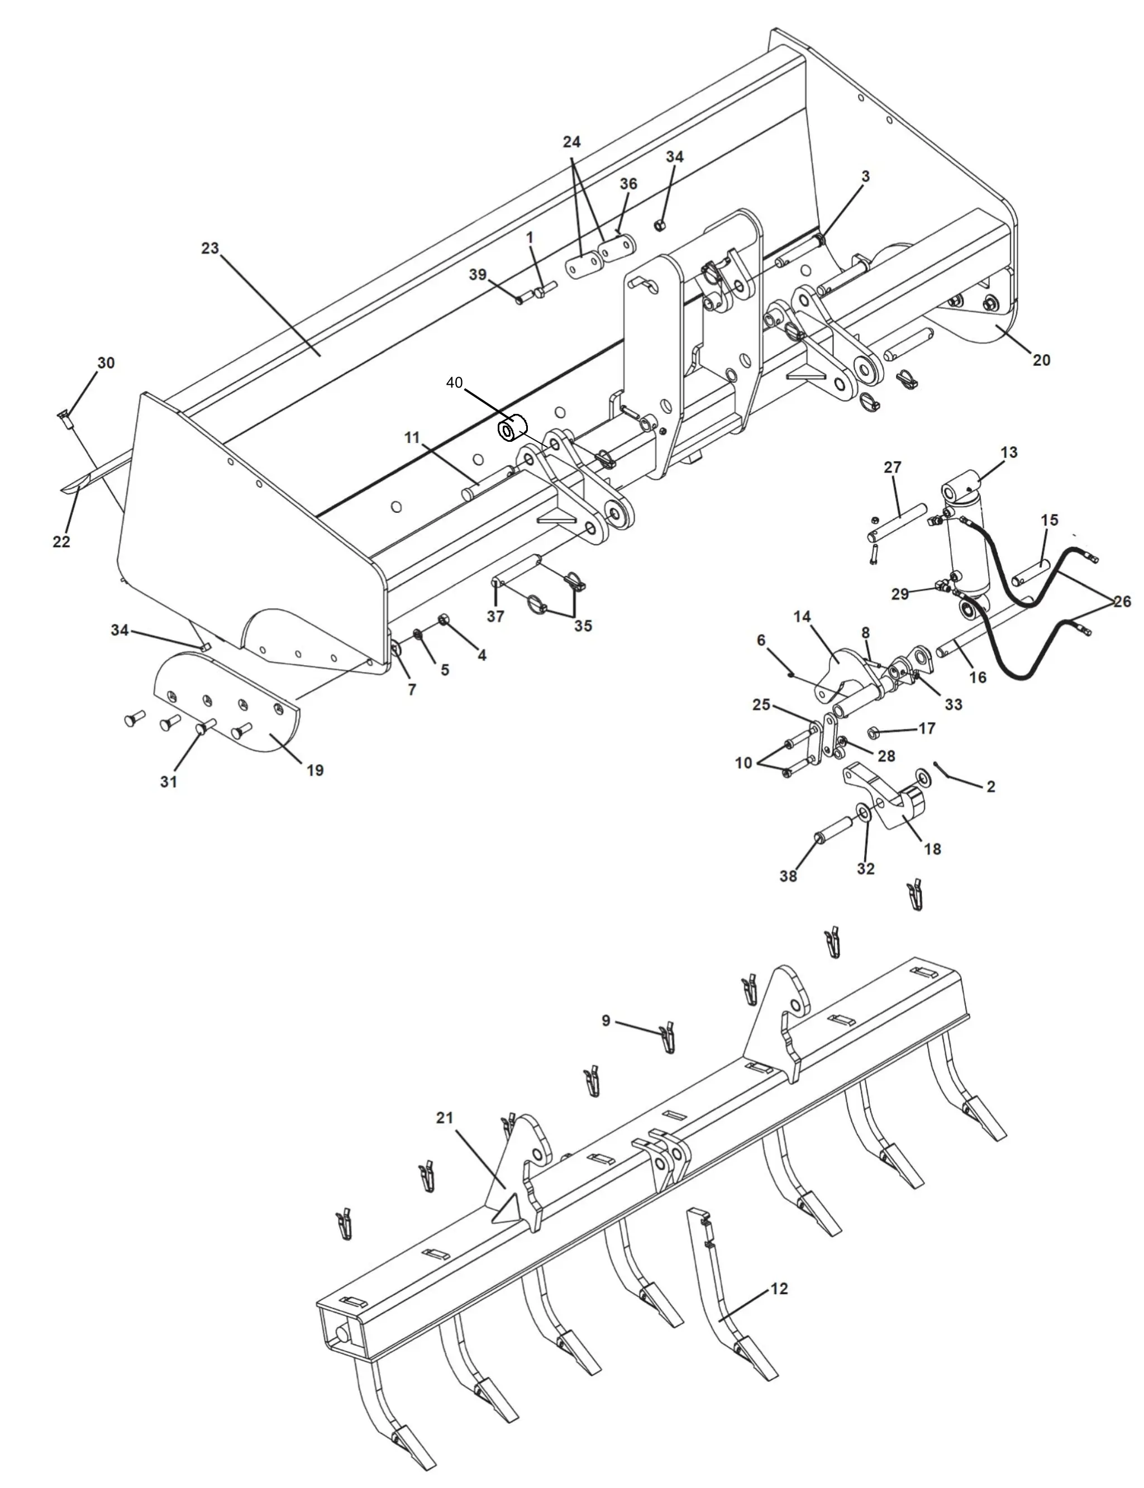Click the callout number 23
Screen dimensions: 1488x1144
click(x=209, y=248)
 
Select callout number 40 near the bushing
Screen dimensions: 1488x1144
click(x=454, y=383)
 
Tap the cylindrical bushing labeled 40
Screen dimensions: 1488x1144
click(x=513, y=428)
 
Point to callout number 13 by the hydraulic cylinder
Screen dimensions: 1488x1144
click(x=1008, y=452)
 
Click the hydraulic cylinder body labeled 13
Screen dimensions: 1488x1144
click(x=966, y=545)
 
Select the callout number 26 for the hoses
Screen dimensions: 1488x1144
click(x=1122, y=602)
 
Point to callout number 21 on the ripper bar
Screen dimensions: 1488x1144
click(x=445, y=1118)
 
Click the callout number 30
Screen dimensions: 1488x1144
click(x=106, y=363)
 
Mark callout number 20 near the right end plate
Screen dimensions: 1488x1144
click(x=1041, y=360)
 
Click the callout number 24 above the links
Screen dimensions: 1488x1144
click(x=571, y=142)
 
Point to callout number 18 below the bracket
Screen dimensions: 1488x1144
click(x=932, y=848)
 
